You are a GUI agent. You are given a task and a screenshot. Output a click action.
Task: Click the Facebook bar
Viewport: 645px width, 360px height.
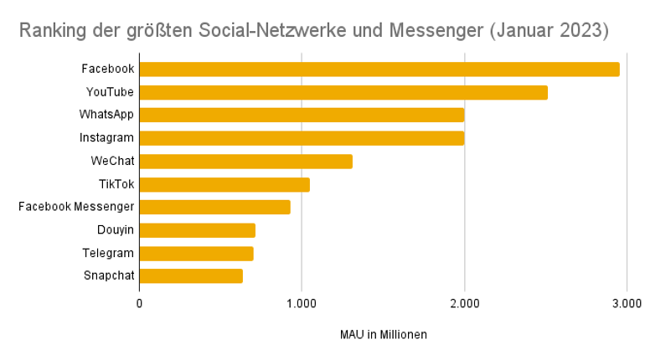pos(379,69)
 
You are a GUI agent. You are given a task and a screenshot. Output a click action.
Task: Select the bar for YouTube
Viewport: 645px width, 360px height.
pos(343,92)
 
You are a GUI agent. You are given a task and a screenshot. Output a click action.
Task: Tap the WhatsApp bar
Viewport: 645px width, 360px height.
pos(302,115)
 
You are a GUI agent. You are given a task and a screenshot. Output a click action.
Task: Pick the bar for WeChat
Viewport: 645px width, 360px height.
pos(245,162)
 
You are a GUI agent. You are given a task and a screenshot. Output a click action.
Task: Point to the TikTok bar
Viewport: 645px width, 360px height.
pos(224,184)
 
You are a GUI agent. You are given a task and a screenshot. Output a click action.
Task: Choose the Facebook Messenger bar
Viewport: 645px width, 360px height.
pos(214,207)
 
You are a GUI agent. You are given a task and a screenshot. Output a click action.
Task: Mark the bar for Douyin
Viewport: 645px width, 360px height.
pos(197,230)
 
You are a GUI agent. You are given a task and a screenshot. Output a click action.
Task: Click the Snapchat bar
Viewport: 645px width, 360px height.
pos(191,275)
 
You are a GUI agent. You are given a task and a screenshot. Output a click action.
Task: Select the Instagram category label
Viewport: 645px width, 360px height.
pos(107,138)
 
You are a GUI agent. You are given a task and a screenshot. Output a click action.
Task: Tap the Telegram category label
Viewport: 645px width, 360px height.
pos(109,253)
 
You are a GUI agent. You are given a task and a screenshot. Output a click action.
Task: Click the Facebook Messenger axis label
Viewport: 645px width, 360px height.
pos(76,207)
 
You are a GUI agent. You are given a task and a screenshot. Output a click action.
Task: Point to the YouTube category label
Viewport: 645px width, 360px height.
pos(110,92)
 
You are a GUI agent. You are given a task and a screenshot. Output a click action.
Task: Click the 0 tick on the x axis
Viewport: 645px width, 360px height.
pos(139,303)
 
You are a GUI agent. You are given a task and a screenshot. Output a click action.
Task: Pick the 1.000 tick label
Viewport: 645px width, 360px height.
pos(302,303)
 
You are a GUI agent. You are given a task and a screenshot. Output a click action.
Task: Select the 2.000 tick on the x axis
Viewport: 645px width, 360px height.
pos(464,303)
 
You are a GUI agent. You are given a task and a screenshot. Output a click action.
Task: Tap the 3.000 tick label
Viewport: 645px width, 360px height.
pos(627,303)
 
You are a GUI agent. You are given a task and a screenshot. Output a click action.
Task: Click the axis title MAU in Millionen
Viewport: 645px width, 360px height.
pos(384,335)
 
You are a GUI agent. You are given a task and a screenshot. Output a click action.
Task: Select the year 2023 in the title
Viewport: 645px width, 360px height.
pos(577,32)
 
